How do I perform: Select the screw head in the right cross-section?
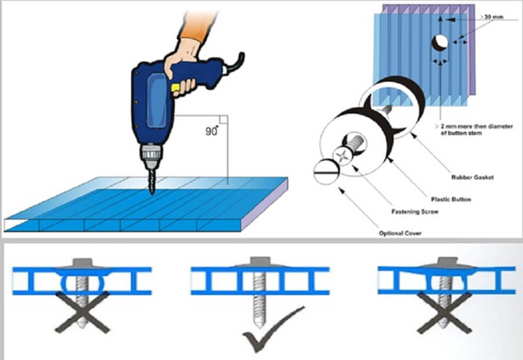446,264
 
